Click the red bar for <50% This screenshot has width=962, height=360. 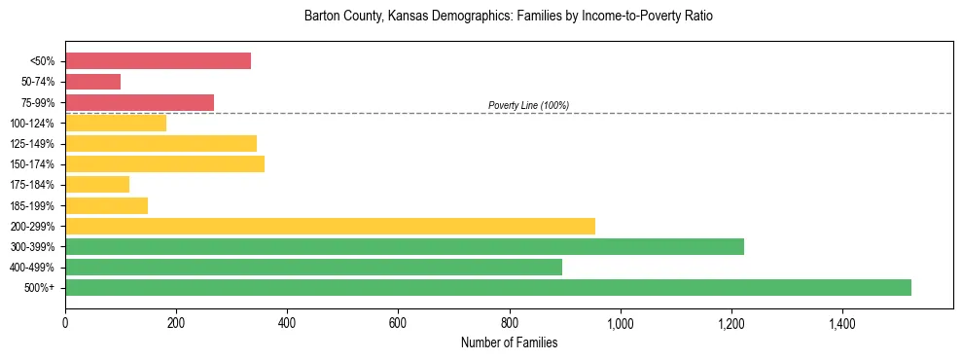(x=158, y=61)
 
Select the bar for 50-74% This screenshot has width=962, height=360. (x=92, y=82)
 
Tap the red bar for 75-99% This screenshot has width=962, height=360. (x=139, y=102)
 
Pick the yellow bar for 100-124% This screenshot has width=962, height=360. (x=116, y=123)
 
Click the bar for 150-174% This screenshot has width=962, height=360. (x=164, y=163)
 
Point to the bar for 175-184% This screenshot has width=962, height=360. (x=97, y=185)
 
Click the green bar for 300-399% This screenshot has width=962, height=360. (x=405, y=246)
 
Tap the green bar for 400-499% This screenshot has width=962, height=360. (x=313, y=267)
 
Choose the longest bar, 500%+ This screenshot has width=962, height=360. (x=488, y=287)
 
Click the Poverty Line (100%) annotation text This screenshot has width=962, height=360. (x=528, y=105)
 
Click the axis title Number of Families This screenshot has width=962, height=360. (x=509, y=342)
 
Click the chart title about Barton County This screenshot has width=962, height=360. (x=509, y=17)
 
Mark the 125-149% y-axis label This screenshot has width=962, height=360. (x=32, y=144)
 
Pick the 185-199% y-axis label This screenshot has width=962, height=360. (x=32, y=205)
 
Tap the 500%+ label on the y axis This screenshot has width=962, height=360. (x=39, y=288)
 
